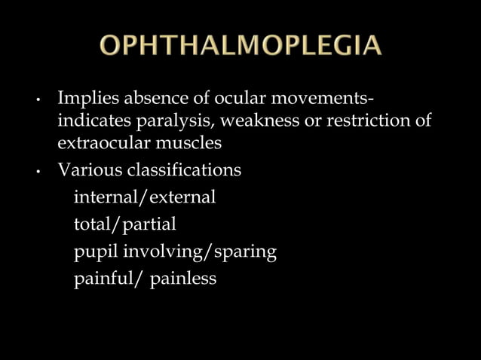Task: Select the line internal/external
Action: (145, 197)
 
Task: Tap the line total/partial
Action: (124, 224)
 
